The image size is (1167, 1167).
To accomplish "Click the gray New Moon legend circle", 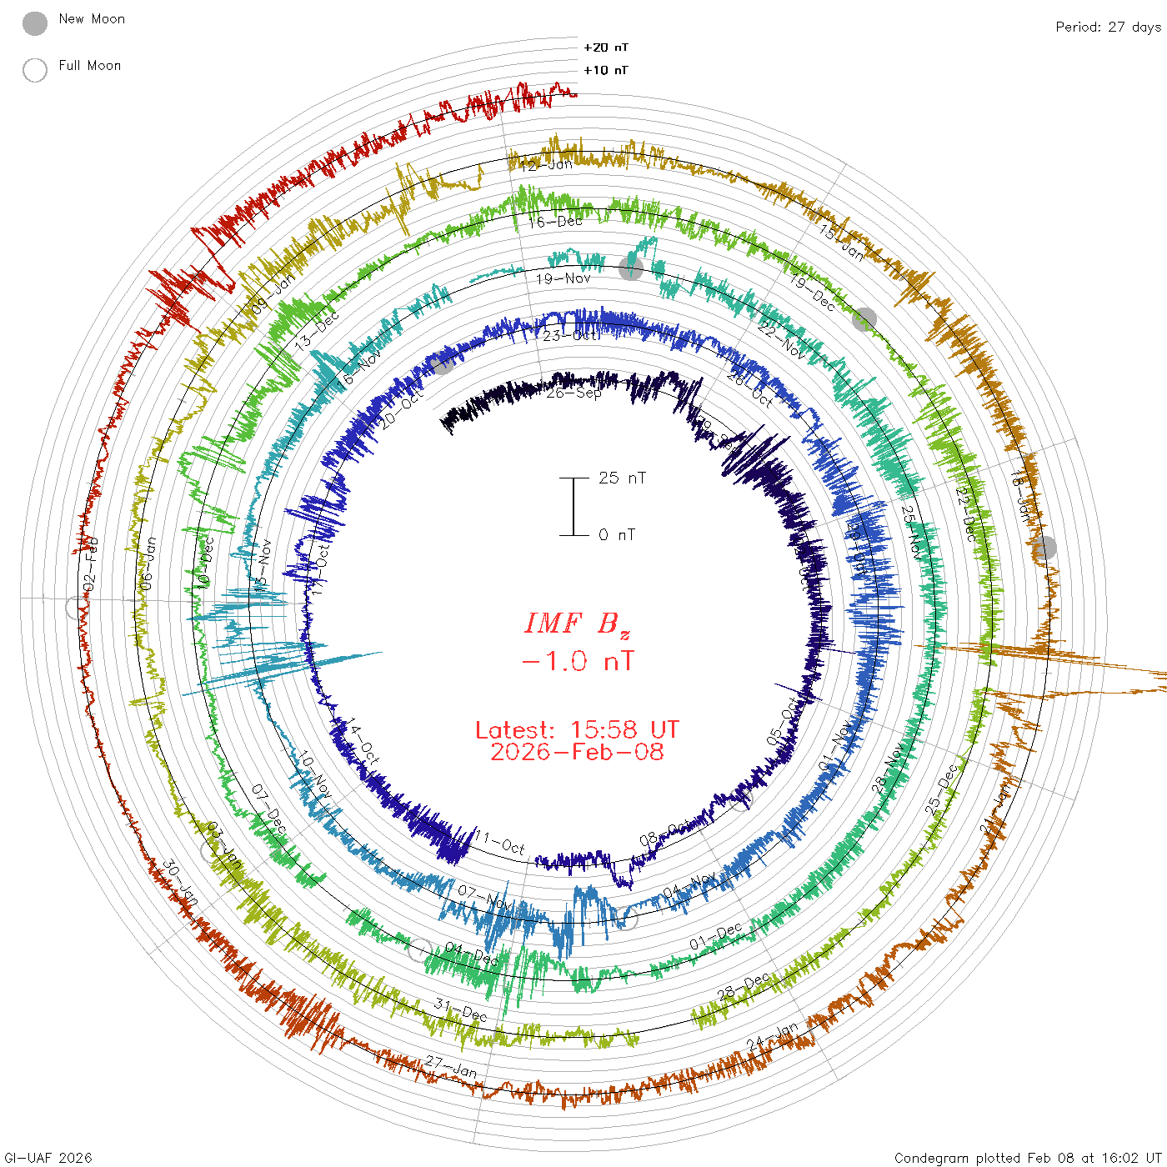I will pyautogui.click(x=35, y=24).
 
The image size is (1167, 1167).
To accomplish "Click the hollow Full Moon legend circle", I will pyautogui.click(x=35, y=70).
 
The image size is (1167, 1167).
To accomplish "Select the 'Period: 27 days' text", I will pyautogui.click(x=1108, y=27).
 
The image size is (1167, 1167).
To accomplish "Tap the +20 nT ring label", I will pyautogui.click(x=606, y=48).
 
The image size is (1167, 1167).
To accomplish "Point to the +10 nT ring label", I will pyautogui.click(x=606, y=70).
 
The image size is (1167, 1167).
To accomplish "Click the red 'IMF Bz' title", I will pyautogui.click(x=578, y=624).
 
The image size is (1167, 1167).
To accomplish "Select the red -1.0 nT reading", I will pyautogui.click(x=578, y=662).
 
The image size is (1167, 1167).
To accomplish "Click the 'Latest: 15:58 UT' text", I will pyautogui.click(x=577, y=730).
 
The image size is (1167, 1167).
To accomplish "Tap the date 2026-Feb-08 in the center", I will pyautogui.click(x=577, y=752).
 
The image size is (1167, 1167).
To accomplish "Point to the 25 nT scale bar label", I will pyautogui.click(x=622, y=478).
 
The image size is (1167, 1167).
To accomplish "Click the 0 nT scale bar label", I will pyautogui.click(x=617, y=535).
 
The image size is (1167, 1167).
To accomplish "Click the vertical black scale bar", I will pyautogui.click(x=573, y=507).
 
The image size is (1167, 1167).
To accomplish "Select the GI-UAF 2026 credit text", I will pyautogui.click(x=47, y=1158).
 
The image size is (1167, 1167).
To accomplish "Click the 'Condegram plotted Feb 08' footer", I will pyautogui.click(x=1028, y=1158).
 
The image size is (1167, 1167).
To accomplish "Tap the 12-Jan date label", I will pyautogui.click(x=546, y=165).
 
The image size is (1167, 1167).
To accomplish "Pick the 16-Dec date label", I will pyautogui.click(x=556, y=222).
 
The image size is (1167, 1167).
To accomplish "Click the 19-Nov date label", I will pyautogui.click(x=563, y=278).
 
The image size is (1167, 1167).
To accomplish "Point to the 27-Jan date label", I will pyautogui.click(x=451, y=1066).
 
